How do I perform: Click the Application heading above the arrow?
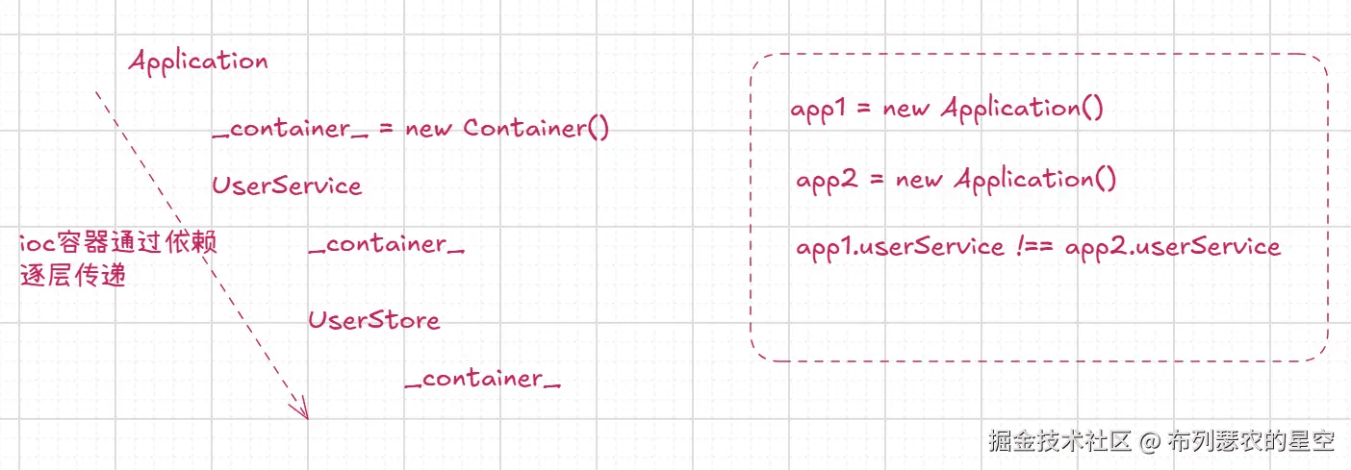(198, 62)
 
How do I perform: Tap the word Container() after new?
(536, 128)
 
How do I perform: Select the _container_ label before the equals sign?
(290, 129)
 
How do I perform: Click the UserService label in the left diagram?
(287, 186)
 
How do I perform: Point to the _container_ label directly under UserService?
(387, 244)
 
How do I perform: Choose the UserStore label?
(374, 319)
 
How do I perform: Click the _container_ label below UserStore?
(483, 379)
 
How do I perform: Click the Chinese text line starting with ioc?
(118, 243)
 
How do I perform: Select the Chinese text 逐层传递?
(73, 275)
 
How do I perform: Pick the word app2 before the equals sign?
(827, 180)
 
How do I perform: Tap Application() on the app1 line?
(1022, 109)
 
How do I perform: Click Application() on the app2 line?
(1035, 180)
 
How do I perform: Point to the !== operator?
(1034, 246)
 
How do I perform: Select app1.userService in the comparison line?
(900, 247)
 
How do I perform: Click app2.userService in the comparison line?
(1172, 247)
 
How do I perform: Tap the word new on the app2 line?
(919, 180)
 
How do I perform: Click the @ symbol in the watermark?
(1150, 442)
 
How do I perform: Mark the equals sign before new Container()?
(386, 129)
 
